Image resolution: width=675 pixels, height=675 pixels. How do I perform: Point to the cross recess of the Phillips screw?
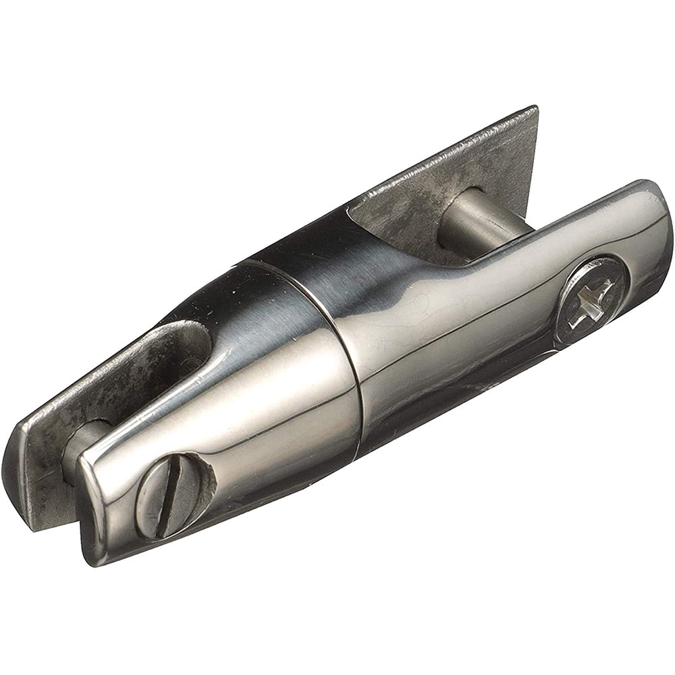click(x=593, y=301)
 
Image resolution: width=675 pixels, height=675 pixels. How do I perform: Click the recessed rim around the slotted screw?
click(x=202, y=486)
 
